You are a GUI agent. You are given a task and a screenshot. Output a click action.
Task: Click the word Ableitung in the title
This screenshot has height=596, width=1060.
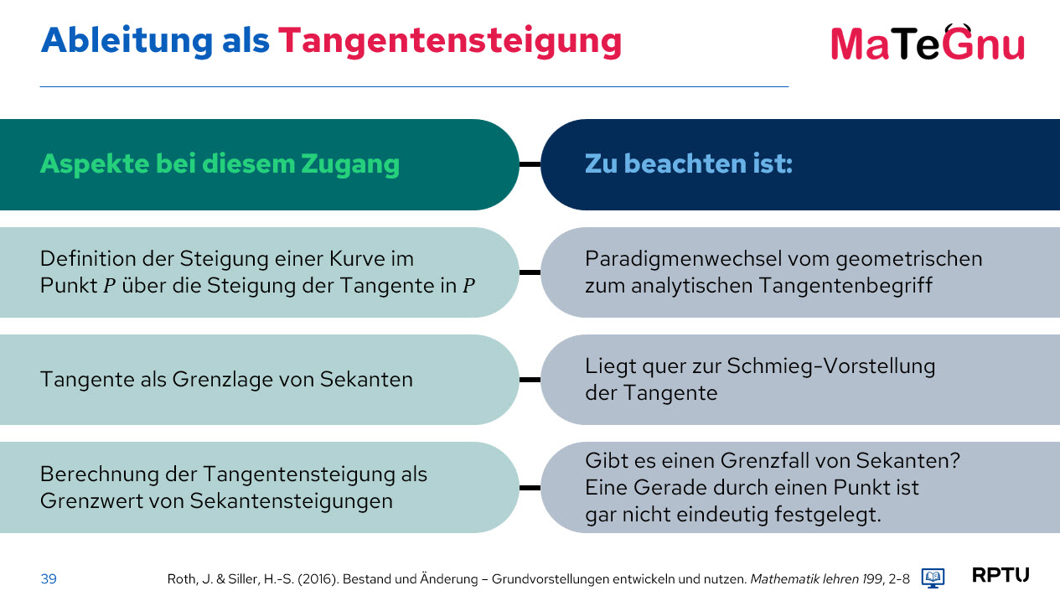[x=127, y=41]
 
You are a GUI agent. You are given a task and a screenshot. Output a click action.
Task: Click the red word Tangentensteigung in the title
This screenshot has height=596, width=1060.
[x=449, y=42]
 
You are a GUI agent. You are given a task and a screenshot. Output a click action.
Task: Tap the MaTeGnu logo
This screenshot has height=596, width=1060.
[x=928, y=43]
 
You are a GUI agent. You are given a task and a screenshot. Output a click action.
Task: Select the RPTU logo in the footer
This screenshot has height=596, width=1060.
[x=1001, y=575]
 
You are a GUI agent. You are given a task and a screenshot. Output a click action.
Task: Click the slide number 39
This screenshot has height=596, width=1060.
[x=49, y=579]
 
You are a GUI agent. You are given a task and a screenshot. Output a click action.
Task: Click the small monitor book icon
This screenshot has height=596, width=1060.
[x=933, y=578]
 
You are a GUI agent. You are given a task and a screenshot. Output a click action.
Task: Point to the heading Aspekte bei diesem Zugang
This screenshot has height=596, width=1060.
[x=220, y=164]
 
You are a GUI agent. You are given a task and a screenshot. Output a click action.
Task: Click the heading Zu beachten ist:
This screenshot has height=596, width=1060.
[x=689, y=163]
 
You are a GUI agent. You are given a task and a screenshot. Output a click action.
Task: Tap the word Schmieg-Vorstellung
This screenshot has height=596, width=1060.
[x=831, y=366]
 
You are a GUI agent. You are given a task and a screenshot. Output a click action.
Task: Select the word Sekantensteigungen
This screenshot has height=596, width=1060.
[x=292, y=501]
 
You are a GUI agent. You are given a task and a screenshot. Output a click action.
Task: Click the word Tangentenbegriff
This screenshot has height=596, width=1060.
[x=845, y=286]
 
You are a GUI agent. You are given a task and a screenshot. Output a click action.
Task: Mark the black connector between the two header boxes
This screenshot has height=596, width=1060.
[x=530, y=164]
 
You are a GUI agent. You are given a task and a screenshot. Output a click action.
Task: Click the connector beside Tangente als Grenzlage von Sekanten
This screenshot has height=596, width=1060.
[x=530, y=380]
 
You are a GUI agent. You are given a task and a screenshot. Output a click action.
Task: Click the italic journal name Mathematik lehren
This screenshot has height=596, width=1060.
[x=804, y=579]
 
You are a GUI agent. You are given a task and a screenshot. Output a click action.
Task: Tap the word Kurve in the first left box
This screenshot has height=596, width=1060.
[x=357, y=259]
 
